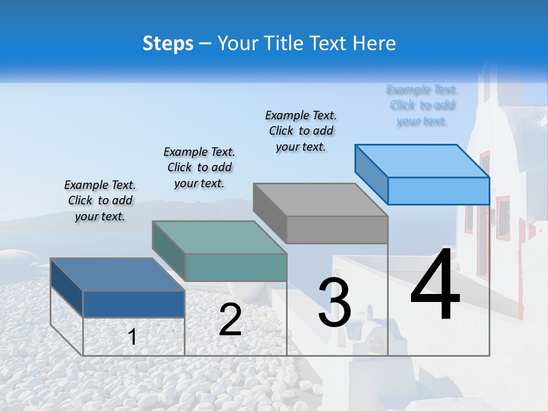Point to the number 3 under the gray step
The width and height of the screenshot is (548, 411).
(x=335, y=302)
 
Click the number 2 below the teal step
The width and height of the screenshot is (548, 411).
(x=230, y=320)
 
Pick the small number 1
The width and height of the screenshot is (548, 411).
(x=132, y=337)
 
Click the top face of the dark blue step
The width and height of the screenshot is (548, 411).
(x=118, y=275)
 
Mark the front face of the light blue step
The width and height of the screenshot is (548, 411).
(x=438, y=191)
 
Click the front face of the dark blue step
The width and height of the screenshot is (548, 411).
(x=134, y=304)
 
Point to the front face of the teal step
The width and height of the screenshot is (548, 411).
(x=236, y=267)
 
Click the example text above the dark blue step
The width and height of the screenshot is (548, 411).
(x=100, y=200)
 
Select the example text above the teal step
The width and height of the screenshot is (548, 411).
(x=199, y=167)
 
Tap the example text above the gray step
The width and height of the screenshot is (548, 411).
(x=301, y=131)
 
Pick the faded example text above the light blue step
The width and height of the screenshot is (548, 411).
(x=422, y=105)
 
